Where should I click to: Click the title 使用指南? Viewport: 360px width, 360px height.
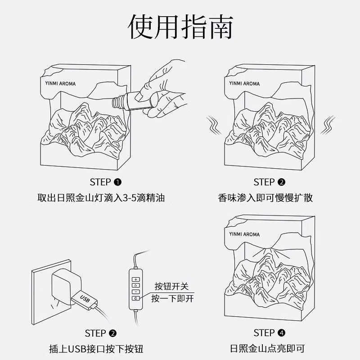180,28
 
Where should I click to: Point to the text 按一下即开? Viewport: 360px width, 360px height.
173,298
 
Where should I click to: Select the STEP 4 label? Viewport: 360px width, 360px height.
270,333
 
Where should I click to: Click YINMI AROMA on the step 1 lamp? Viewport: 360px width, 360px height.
61,84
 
